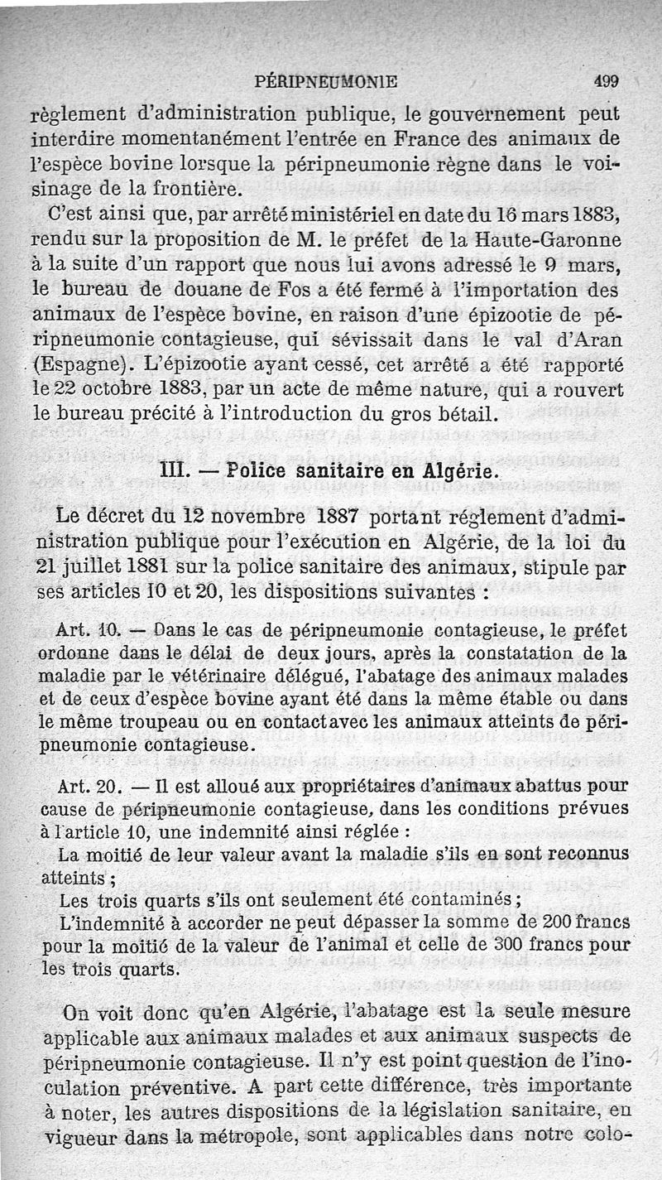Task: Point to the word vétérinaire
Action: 250,677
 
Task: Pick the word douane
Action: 209,291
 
